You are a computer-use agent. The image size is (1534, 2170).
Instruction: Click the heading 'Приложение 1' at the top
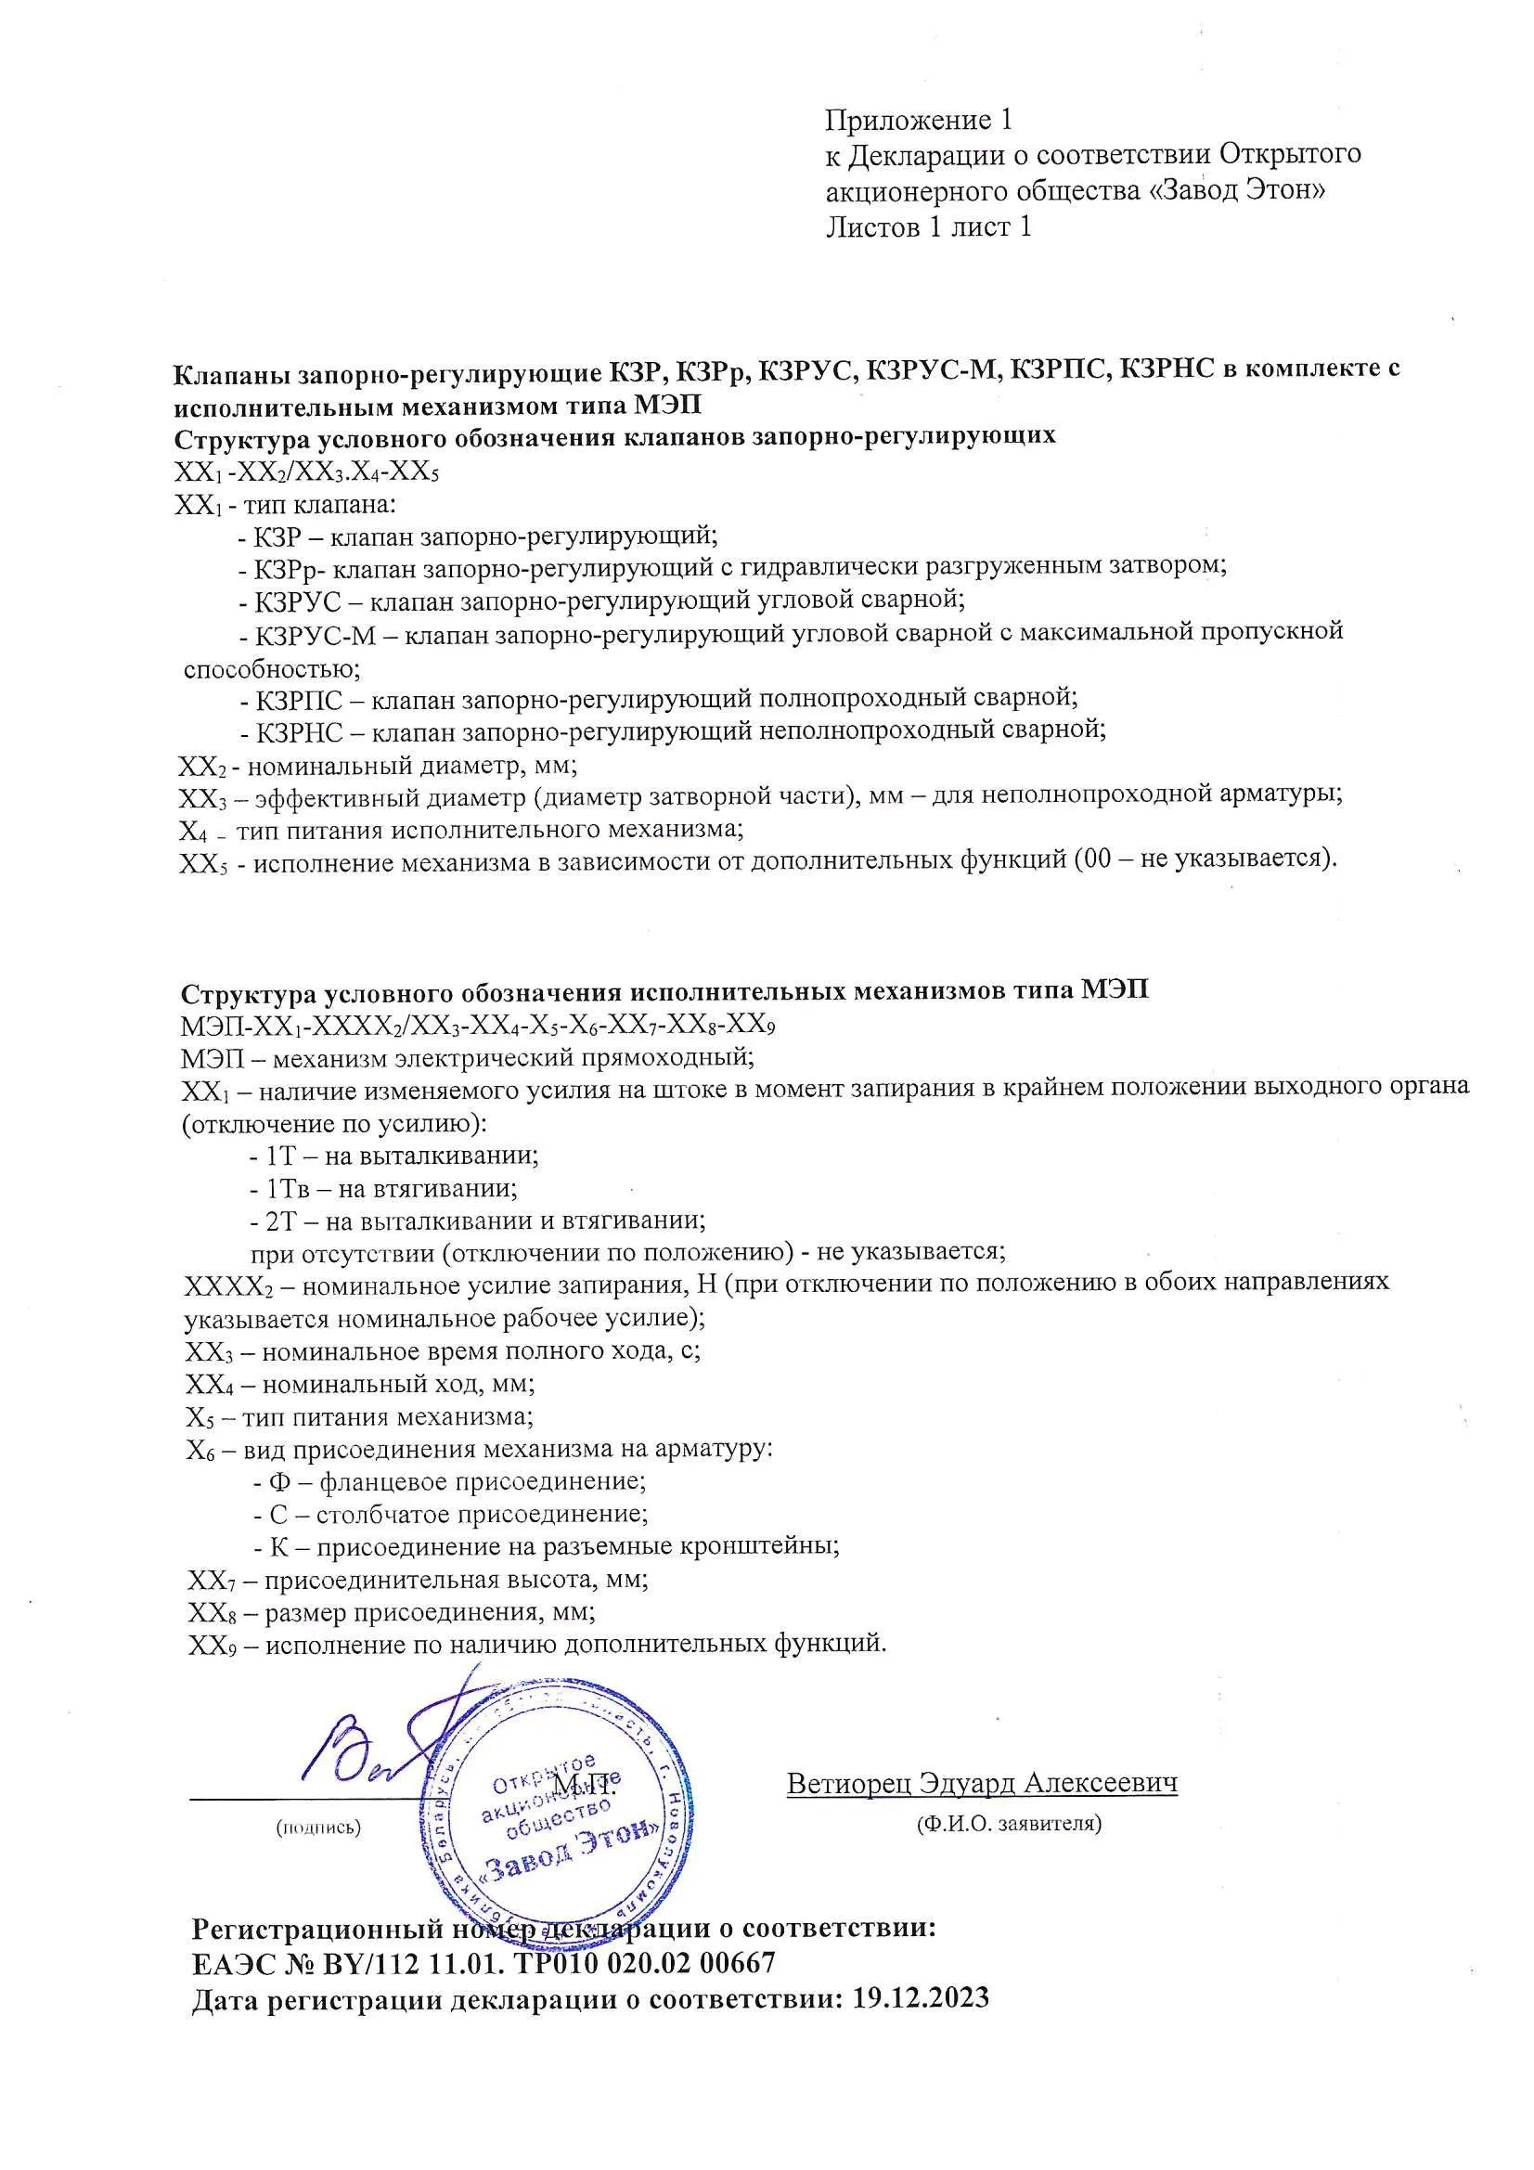point(919,121)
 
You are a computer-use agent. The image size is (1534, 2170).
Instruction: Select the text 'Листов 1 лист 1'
point(928,226)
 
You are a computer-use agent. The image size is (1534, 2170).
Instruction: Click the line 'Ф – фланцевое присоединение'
point(450,1482)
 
